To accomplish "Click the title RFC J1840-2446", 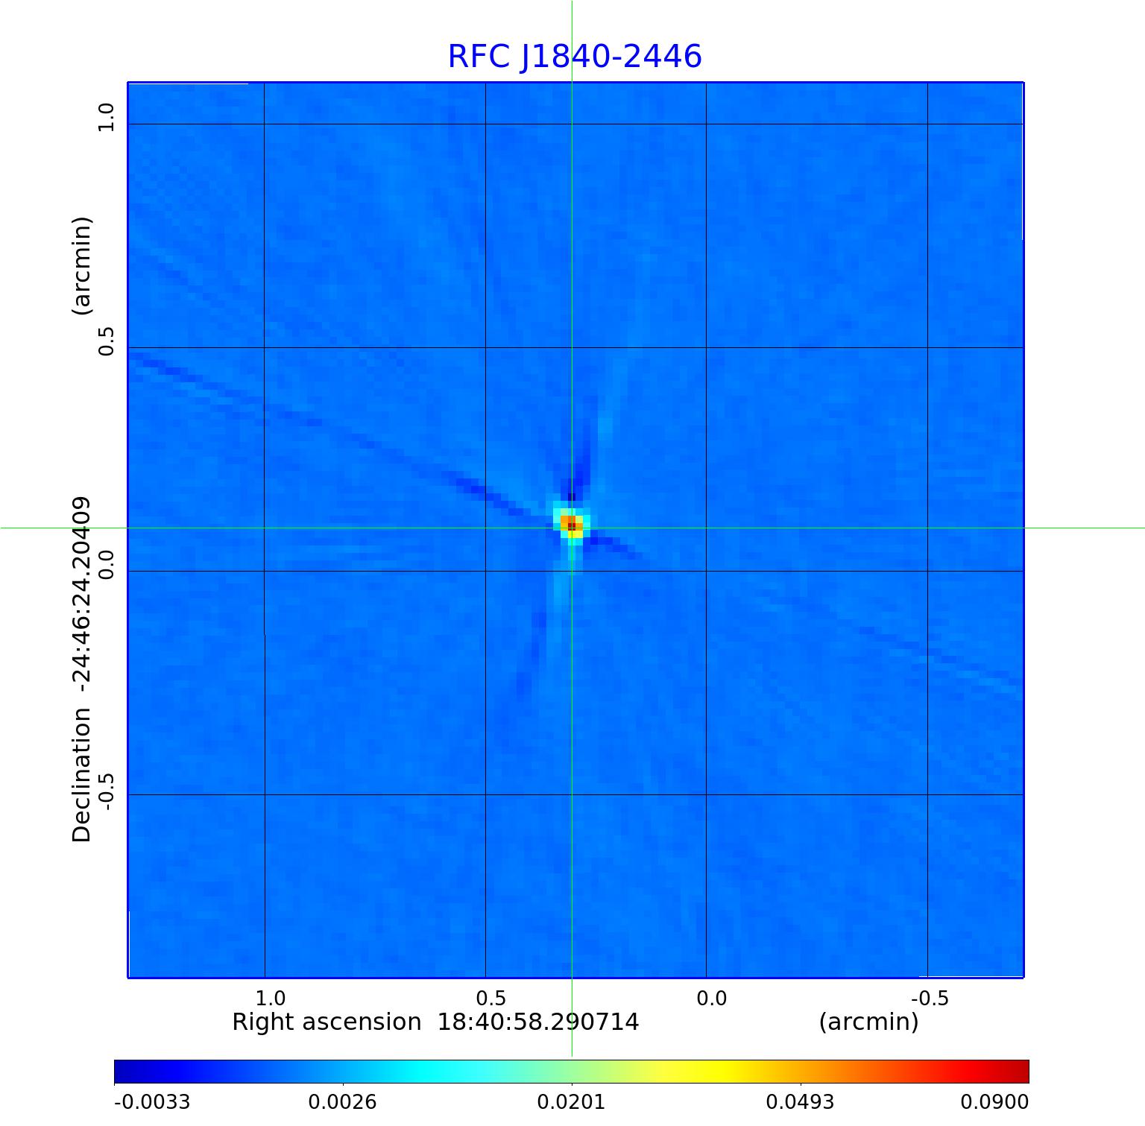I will pyautogui.click(x=574, y=57).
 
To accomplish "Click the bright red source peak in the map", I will pyautogui.click(x=571, y=525).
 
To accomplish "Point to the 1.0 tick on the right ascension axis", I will pyautogui.click(x=270, y=998).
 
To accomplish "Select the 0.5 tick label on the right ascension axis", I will pyautogui.click(x=491, y=998).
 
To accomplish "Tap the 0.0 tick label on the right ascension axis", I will pyautogui.click(x=711, y=998).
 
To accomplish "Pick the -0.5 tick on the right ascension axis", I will pyautogui.click(x=930, y=998).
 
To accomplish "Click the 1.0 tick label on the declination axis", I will pyautogui.click(x=107, y=118).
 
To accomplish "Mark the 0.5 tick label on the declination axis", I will pyautogui.click(x=107, y=341).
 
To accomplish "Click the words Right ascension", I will pyautogui.click(x=327, y=1022).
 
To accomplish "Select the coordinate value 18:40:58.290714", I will pyautogui.click(x=537, y=1022).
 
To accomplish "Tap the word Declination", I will pyautogui.click(x=81, y=775).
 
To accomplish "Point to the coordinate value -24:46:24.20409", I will pyautogui.click(x=81, y=599).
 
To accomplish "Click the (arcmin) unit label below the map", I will pyautogui.click(x=868, y=1022).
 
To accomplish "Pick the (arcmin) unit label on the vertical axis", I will pyautogui.click(x=81, y=266).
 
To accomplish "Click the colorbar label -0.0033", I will pyautogui.click(x=152, y=1102).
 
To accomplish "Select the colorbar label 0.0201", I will pyautogui.click(x=571, y=1102).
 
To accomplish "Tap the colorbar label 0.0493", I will pyautogui.click(x=800, y=1102).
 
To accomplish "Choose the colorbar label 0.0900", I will pyautogui.click(x=994, y=1102).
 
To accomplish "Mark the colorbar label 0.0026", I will pyautogui.click(x=342, y=1102).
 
